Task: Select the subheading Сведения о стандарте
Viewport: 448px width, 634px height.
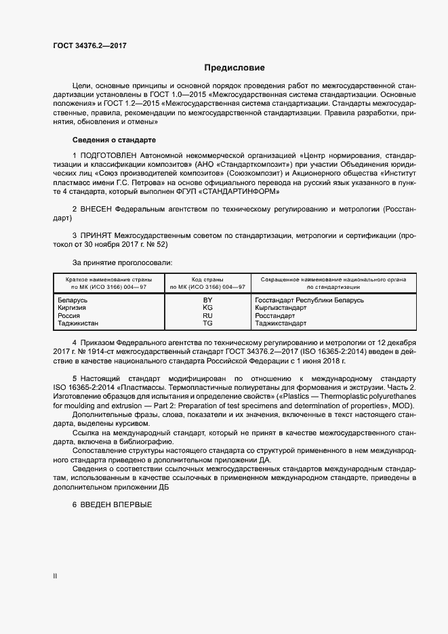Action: coord(114,140)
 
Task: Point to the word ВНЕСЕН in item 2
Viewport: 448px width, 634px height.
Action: coord(96,210)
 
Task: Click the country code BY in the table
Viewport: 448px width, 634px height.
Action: coord(208,300)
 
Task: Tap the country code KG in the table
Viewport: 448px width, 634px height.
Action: coord(208,308)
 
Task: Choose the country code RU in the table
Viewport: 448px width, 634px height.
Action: coord(208,316)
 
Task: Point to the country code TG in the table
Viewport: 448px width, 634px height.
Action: coord(208,324)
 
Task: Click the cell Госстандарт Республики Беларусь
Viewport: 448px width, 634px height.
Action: coord(309,300)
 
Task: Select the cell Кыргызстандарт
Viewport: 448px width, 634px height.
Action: coord(281,308)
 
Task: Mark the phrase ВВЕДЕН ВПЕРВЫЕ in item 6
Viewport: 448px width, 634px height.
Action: coord(115,505)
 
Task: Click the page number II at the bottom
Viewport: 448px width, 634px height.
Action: coord(55,576)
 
